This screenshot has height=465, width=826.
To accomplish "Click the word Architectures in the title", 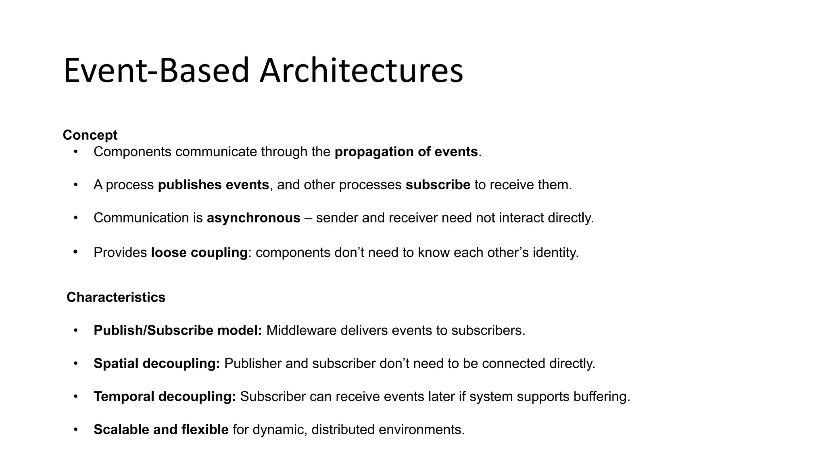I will pos(361,71).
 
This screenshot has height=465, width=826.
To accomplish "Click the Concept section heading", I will pos(90,135).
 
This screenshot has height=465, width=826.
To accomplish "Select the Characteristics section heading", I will pos(116,297).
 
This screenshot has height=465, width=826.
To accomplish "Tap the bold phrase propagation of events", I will pos(406,152).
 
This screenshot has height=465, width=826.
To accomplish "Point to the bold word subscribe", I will pos(438,185).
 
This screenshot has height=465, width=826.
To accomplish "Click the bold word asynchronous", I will pos(253,218).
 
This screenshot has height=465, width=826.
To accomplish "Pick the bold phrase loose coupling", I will pos(199,253).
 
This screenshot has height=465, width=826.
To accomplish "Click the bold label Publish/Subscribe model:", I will pos(178,331).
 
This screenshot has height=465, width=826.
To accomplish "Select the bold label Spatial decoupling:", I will pos(156,364).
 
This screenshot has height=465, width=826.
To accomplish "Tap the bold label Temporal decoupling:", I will pos(165,397).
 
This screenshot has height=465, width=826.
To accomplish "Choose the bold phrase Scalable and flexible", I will pos(161,429).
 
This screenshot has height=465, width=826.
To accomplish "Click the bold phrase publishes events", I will pos(213,185).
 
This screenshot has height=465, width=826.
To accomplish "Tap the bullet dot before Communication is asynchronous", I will pos(75,218).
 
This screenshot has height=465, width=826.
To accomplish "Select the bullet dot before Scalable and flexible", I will pos(75,429).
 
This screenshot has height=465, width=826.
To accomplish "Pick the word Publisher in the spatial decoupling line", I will pos(253,364).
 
